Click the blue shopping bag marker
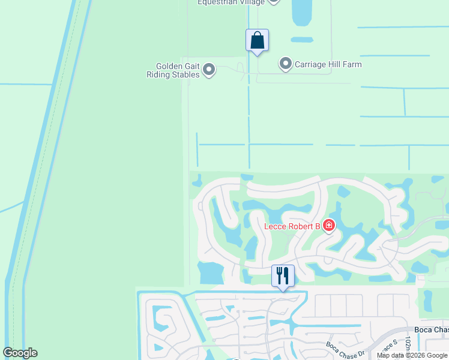257,41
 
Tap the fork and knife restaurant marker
283,276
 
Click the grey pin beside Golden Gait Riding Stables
209,70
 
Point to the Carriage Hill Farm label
328,64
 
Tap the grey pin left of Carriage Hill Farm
286,63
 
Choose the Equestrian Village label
231,2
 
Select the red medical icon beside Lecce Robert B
328,226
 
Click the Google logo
20,353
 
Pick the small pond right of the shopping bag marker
302,40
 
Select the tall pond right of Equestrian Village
303,12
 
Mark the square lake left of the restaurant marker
209,273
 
